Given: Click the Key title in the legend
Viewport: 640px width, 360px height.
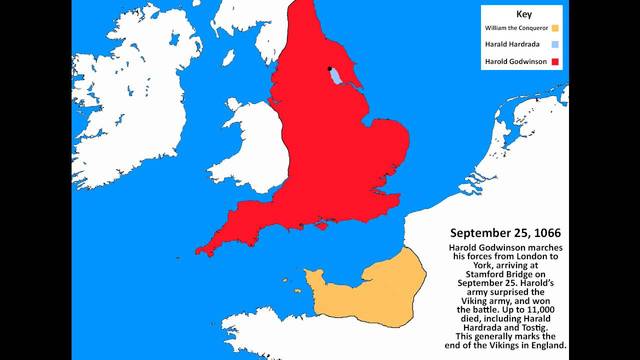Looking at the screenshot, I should pyautogui.click(x=525, y=15).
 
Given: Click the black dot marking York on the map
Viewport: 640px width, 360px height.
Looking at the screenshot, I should pyautogui.click(x=328, y=69).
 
